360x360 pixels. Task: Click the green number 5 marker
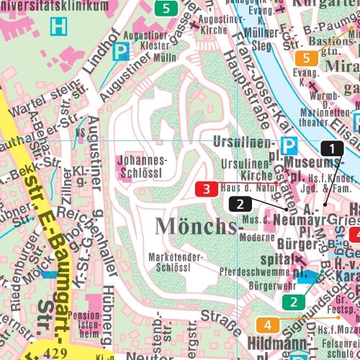[166, 9]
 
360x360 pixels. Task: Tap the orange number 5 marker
[306, 59]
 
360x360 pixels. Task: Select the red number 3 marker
[207, 190]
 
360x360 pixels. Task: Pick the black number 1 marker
[331, 148]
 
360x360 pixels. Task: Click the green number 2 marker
[293, 302]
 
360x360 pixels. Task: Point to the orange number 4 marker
[267, 325]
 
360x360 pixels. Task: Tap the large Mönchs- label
[196, 226]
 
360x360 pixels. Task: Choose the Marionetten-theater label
[316, 117]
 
